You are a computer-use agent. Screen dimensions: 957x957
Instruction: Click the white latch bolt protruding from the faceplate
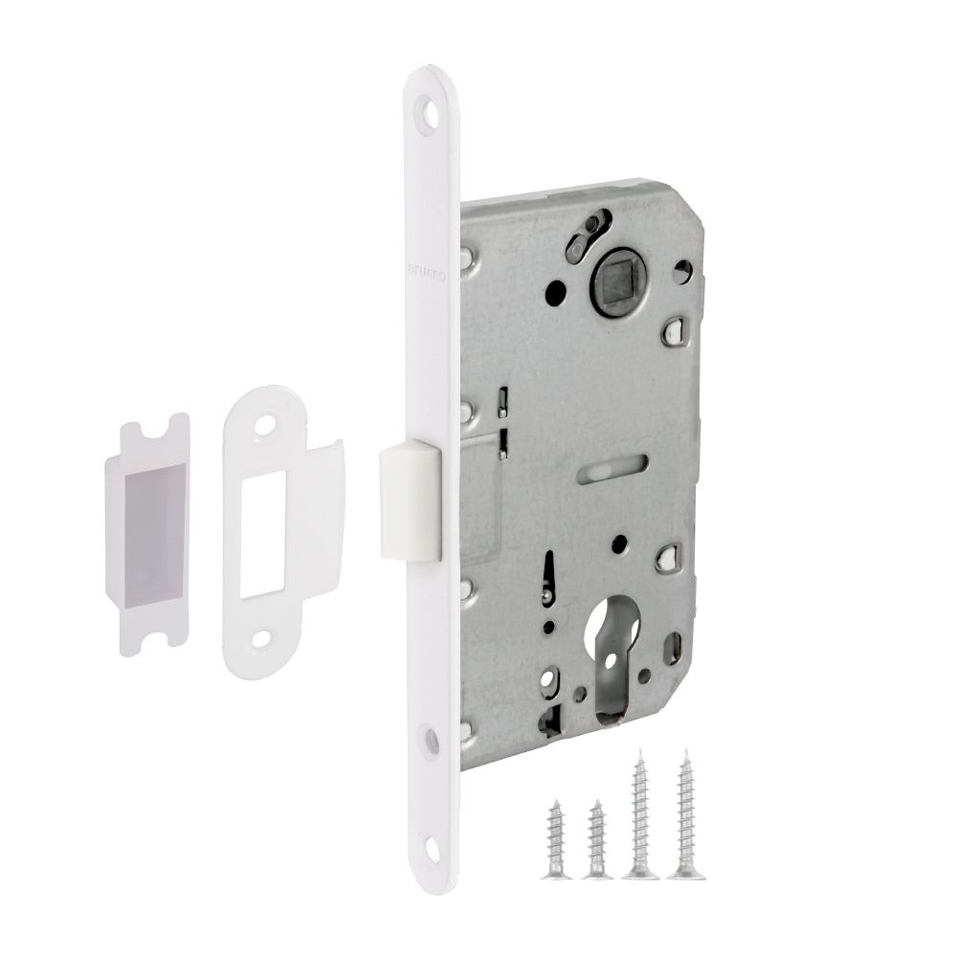coord(410,496)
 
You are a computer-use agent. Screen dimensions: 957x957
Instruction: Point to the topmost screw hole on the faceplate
coord(431,111)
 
